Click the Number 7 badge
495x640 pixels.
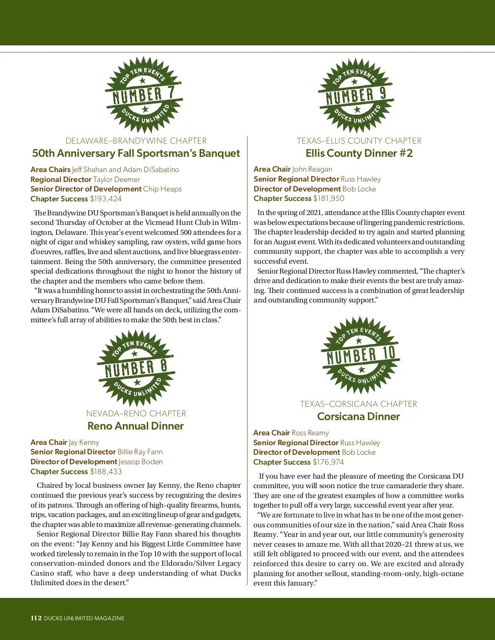click(143, 94)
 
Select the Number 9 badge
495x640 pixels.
click(356, 95)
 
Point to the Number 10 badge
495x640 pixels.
click(360, 355)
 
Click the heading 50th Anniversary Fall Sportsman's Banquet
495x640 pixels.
click(136, 153)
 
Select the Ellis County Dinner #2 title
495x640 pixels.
click(359, 153)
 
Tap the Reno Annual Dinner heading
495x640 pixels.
click(136, 426)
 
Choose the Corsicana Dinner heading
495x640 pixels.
click(358, 416)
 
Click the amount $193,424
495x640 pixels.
click(106, 199)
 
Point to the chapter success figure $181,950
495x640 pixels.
click(328, 198)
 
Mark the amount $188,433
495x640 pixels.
click(106, 472)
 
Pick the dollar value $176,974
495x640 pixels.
click(328, 462)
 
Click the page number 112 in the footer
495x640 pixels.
click(36, 618)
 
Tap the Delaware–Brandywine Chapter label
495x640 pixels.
click(136, 141)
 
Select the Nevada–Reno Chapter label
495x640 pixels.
click(136, 413)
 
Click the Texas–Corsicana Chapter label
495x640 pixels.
click(358, 404)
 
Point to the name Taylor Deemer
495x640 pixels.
click(116, 179)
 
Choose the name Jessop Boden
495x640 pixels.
click(141, 462)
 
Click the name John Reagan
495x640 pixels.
click(312, 169)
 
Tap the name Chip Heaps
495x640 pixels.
click(162, 189)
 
